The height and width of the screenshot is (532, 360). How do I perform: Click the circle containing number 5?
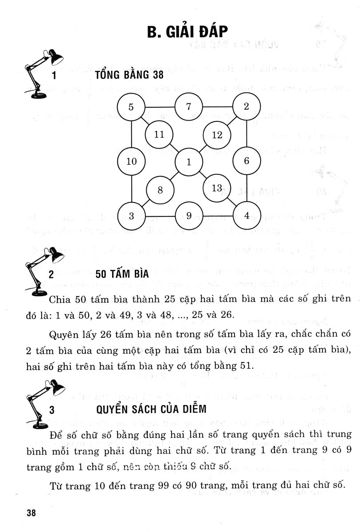(131, 107)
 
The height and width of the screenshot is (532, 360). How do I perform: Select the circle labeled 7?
(188, 107)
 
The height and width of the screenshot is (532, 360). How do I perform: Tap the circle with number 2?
(247, 106)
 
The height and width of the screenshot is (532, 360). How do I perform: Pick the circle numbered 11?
(160, 135)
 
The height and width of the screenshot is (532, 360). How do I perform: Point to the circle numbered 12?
(217, 135)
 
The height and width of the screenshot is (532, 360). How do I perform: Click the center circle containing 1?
(188, 162)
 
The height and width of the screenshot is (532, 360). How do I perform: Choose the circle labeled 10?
(131, 161)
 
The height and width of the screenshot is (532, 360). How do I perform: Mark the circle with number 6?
(247, 161)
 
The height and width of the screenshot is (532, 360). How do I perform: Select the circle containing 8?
(160, 190)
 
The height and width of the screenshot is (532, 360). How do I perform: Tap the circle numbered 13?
(217, 188)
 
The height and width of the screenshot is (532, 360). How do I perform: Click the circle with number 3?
(131, 216)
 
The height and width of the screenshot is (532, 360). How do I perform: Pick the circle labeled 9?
(188, 216)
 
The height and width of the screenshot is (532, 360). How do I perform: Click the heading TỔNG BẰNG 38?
(126, 74)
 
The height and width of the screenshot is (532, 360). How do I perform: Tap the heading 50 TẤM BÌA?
(122, 274)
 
